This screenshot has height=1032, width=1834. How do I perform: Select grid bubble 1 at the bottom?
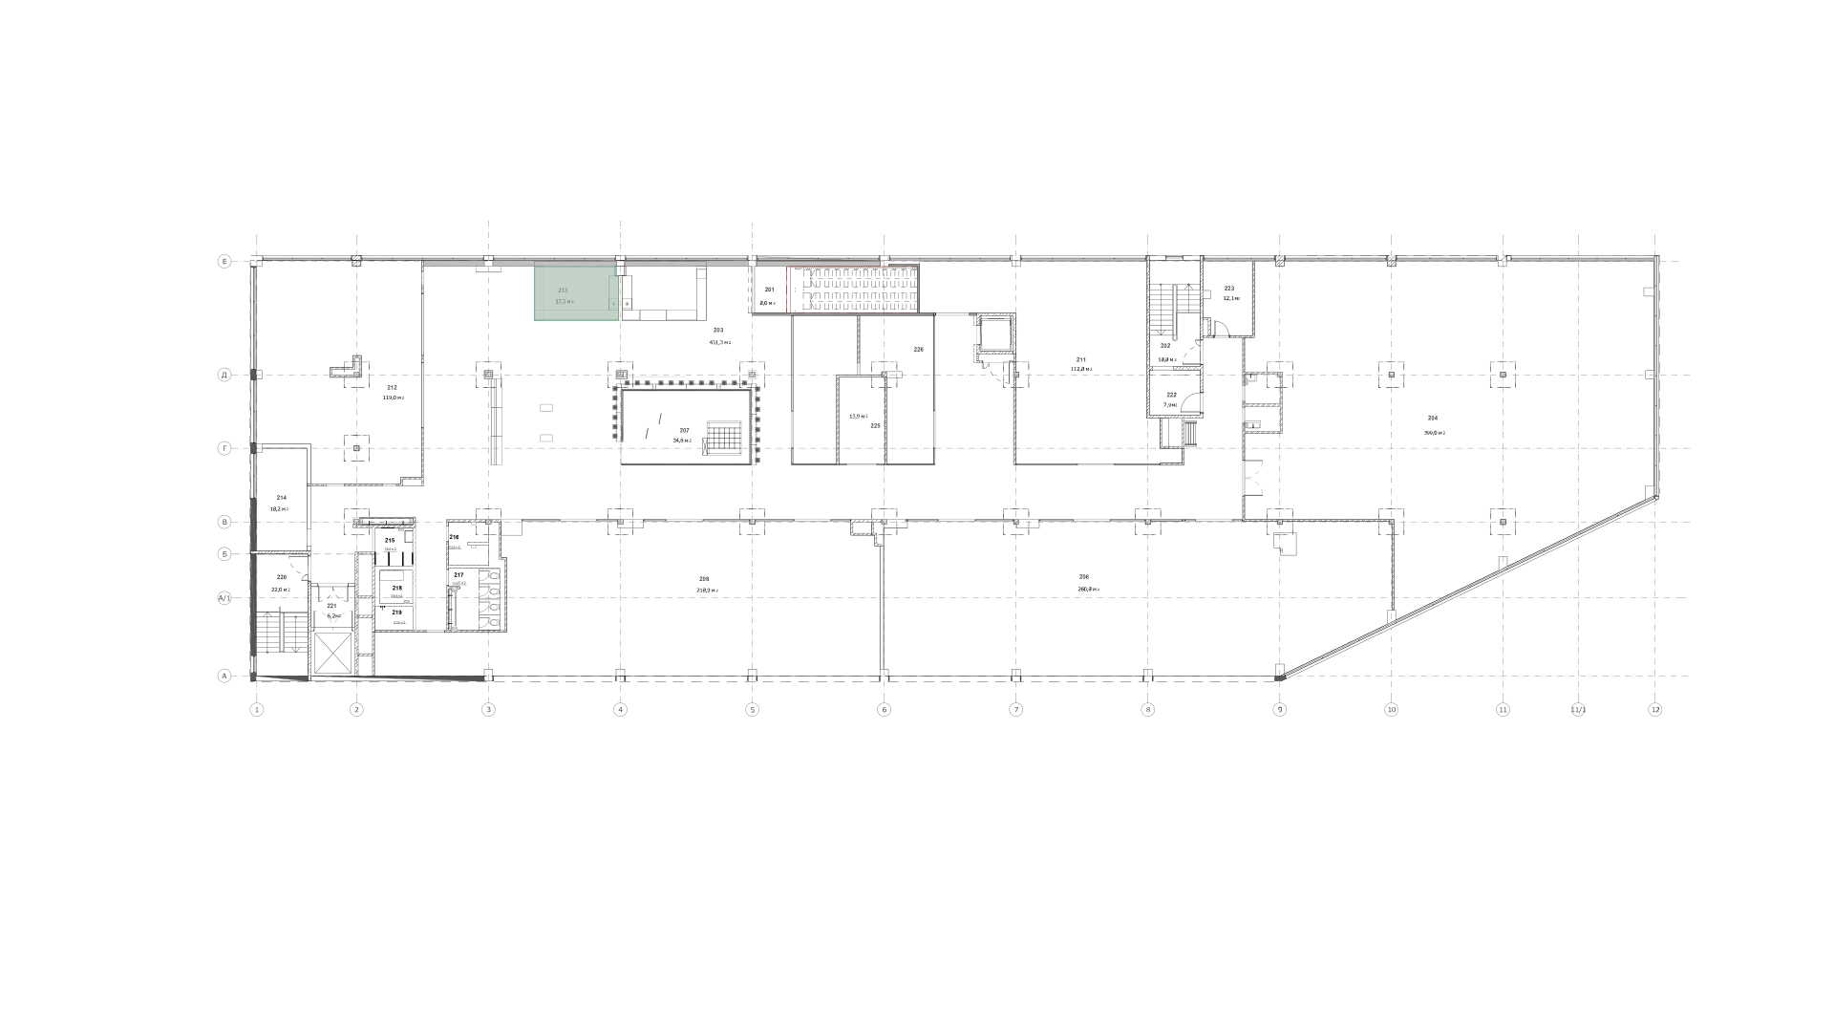coord(256,710)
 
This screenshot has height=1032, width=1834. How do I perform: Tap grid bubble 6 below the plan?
coord(884,710)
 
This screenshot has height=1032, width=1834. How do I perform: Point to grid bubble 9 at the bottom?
coord(1279,710)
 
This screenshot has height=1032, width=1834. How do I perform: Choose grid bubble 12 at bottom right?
coord(1654,710)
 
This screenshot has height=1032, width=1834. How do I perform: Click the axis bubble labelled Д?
coord(224,376)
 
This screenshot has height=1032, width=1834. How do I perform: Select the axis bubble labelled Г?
coord(224,448)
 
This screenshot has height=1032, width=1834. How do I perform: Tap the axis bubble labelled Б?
coord(224,553)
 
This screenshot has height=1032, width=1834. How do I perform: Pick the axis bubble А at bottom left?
coord(224,677)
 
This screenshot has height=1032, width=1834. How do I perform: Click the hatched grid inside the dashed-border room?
coord(723,439)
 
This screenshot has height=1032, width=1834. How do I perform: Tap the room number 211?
coord(1081,360)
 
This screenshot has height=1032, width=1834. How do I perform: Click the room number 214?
coord(281,498)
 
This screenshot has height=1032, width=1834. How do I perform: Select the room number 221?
coord(331,607)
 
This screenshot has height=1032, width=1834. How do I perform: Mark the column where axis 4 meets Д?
coord(621,375)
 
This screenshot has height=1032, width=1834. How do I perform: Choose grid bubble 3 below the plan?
coord(488,710)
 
